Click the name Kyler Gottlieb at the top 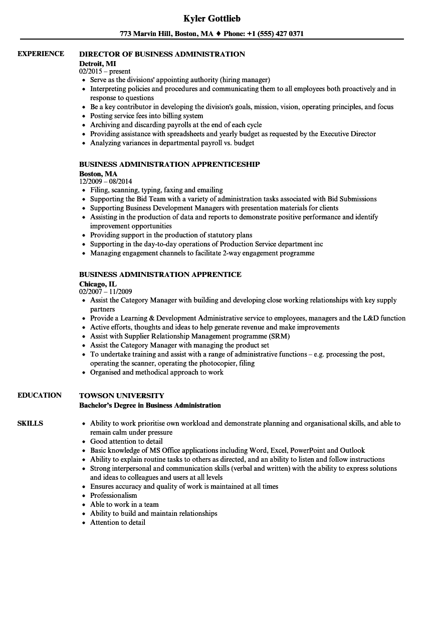(x=212, y=19)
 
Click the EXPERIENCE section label (x=41, y=54)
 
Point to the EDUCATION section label (x=40, y=395)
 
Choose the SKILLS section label (x=30, y=423)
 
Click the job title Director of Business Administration (x=162, y=54)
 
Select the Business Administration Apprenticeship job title (x=169, y=164)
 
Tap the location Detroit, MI (x=97, y=64)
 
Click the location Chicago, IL (x=98, y=284)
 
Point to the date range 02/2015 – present (x=105, y=72)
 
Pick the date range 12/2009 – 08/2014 (x=106, y=182)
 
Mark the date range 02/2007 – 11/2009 (x=106, y=292)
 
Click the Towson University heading (x=121, y=396)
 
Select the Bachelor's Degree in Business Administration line (x=150, y=405)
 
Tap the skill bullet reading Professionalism (x=113, y=495)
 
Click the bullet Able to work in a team (x=124, y=504)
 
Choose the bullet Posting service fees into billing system (x=147, y=116)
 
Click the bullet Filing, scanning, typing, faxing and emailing (x=156, y=190)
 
